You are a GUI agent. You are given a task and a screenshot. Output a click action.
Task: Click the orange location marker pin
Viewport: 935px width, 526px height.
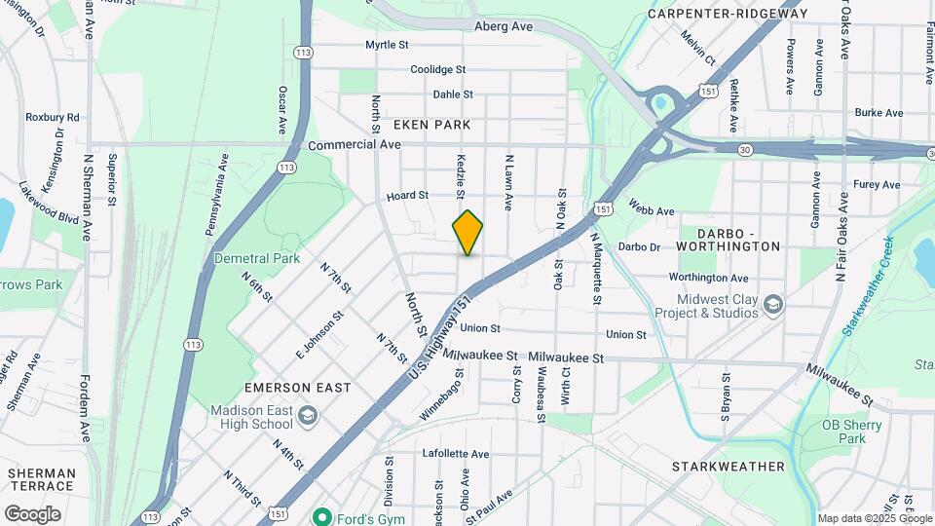[x=467, y=233]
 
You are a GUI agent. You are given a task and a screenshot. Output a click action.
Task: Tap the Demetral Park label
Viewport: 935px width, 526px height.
[x=258, y=259]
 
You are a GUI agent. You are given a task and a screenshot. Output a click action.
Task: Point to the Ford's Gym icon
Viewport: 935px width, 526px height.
[x=319, y=515]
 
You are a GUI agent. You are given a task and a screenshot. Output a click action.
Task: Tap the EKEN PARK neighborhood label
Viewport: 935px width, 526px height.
[x=431, y=125]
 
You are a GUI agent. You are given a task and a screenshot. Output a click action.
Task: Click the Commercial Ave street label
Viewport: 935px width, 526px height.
[x=355, y=144]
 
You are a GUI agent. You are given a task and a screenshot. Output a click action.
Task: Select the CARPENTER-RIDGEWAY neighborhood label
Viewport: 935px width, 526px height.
[x=729, y=14]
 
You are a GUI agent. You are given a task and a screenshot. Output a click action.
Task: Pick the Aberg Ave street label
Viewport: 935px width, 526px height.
[x=504, y=26]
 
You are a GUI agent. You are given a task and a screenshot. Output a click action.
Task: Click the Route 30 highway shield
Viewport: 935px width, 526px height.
[x=745, y=149]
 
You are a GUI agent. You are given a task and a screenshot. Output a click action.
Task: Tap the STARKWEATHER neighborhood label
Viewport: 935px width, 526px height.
[x=728, y=467]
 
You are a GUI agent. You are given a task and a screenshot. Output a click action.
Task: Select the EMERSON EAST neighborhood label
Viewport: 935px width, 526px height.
[x=297, y=388]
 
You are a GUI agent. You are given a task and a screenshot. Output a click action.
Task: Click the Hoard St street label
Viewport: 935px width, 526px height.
[x=407, y=196]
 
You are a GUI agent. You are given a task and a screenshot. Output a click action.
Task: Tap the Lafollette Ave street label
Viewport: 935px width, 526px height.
[x=456, y=454]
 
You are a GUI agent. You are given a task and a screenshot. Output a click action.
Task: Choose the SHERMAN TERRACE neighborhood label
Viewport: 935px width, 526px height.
[x=41, y=480]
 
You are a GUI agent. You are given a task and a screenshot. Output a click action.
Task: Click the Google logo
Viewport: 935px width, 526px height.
[x=32, y=514]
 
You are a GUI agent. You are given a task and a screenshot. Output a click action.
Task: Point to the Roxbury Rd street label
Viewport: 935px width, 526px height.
[x=53, y=117]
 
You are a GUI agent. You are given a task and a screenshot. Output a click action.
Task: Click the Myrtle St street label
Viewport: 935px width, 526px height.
[x=387, y=45]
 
